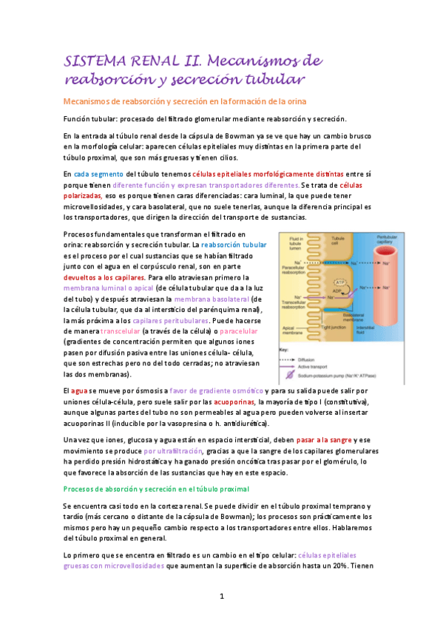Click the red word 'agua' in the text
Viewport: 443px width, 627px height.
tap(78, 390)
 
